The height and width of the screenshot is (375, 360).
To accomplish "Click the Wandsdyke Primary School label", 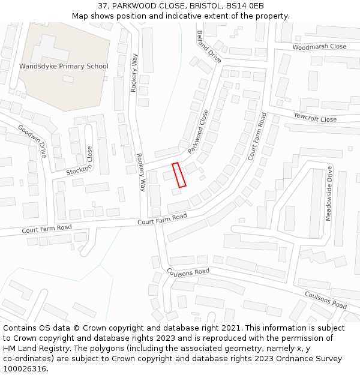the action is point(64,66).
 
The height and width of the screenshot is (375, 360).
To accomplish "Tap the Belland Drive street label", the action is point(209,47).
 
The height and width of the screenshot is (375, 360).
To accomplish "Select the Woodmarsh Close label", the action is point(319,47).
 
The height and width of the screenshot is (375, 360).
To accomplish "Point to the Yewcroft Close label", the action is point(315,116).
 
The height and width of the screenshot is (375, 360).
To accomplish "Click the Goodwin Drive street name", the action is point(32,141).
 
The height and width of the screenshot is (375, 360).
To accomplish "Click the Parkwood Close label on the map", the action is point(198,131).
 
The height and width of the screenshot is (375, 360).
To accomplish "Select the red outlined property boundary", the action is point(179,175).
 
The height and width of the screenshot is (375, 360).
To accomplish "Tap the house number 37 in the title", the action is point(103,5).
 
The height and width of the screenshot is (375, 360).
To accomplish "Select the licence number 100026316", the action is point(26,369).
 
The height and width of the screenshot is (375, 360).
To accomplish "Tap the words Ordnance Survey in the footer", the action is point(312,359).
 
